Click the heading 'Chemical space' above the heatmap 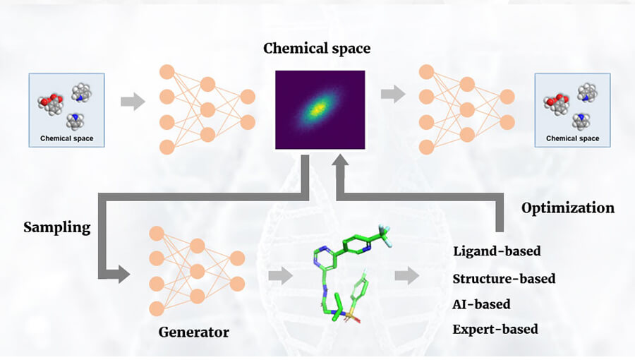click(317, 49)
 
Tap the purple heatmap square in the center click(320, 109)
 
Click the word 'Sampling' click(57, 227)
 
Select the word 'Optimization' click(567, 208)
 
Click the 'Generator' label click(193, 331)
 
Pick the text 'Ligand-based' click(497, 251)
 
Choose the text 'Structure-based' click(504, 278)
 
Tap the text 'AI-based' click(481, 304)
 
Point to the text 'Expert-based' click(495, 329)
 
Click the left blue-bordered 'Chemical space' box click(66, 110)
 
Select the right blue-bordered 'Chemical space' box click(572, 110)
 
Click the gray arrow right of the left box click(133, 102)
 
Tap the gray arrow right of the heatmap click(393, 93)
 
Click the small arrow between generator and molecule click(280, 276)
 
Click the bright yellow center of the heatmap click(318, 108)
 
